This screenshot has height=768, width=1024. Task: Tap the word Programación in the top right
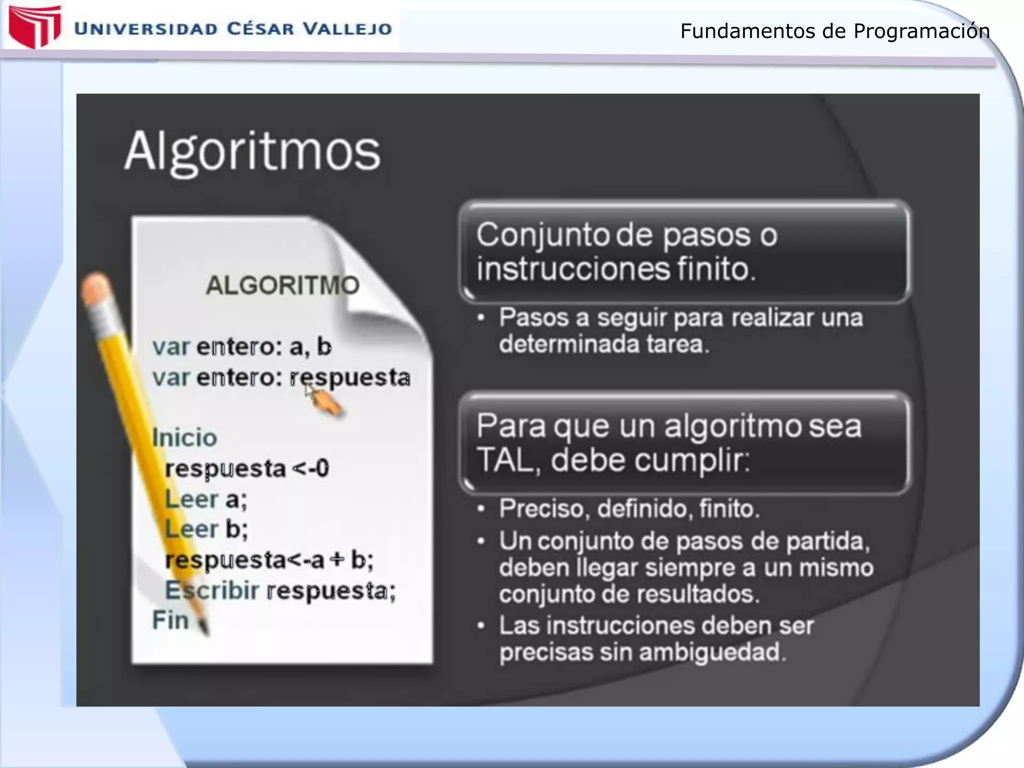pyautogui.click(x=921, y=31)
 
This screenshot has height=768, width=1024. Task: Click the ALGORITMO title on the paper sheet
pyautogui.click(x=282, y=285)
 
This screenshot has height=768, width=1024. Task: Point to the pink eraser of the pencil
pyautogui.click(x=95, y=287)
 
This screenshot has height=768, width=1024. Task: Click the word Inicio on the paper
pyautogui.click(x=184, y=438)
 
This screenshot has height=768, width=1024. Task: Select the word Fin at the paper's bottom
pyautogui.click(x=170, y=620)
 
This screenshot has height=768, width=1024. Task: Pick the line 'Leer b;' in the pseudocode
pyautogui.click(x=206, y=529)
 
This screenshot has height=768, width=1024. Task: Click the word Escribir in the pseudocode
pyautogui.click(x=212, y=590)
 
